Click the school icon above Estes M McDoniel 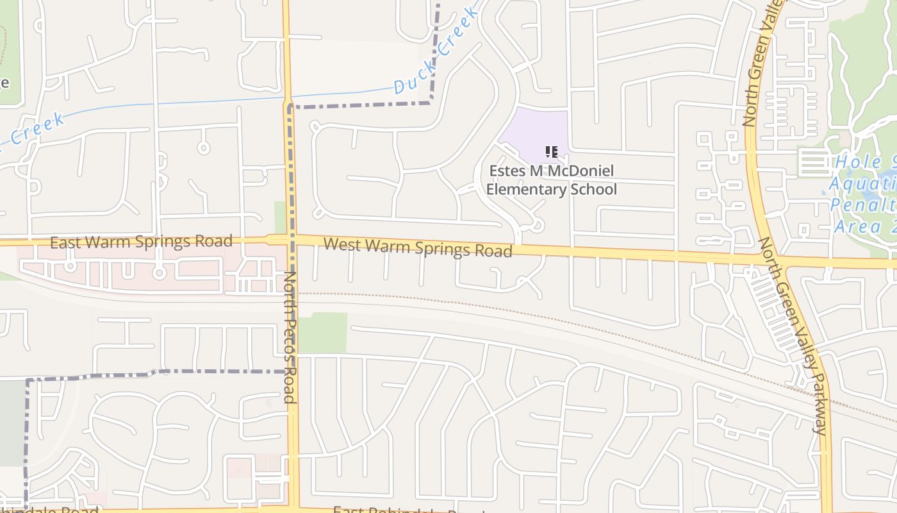[551, 152]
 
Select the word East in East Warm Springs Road [67, 242]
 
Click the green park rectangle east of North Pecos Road [323, 333]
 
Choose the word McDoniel [580, 171]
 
